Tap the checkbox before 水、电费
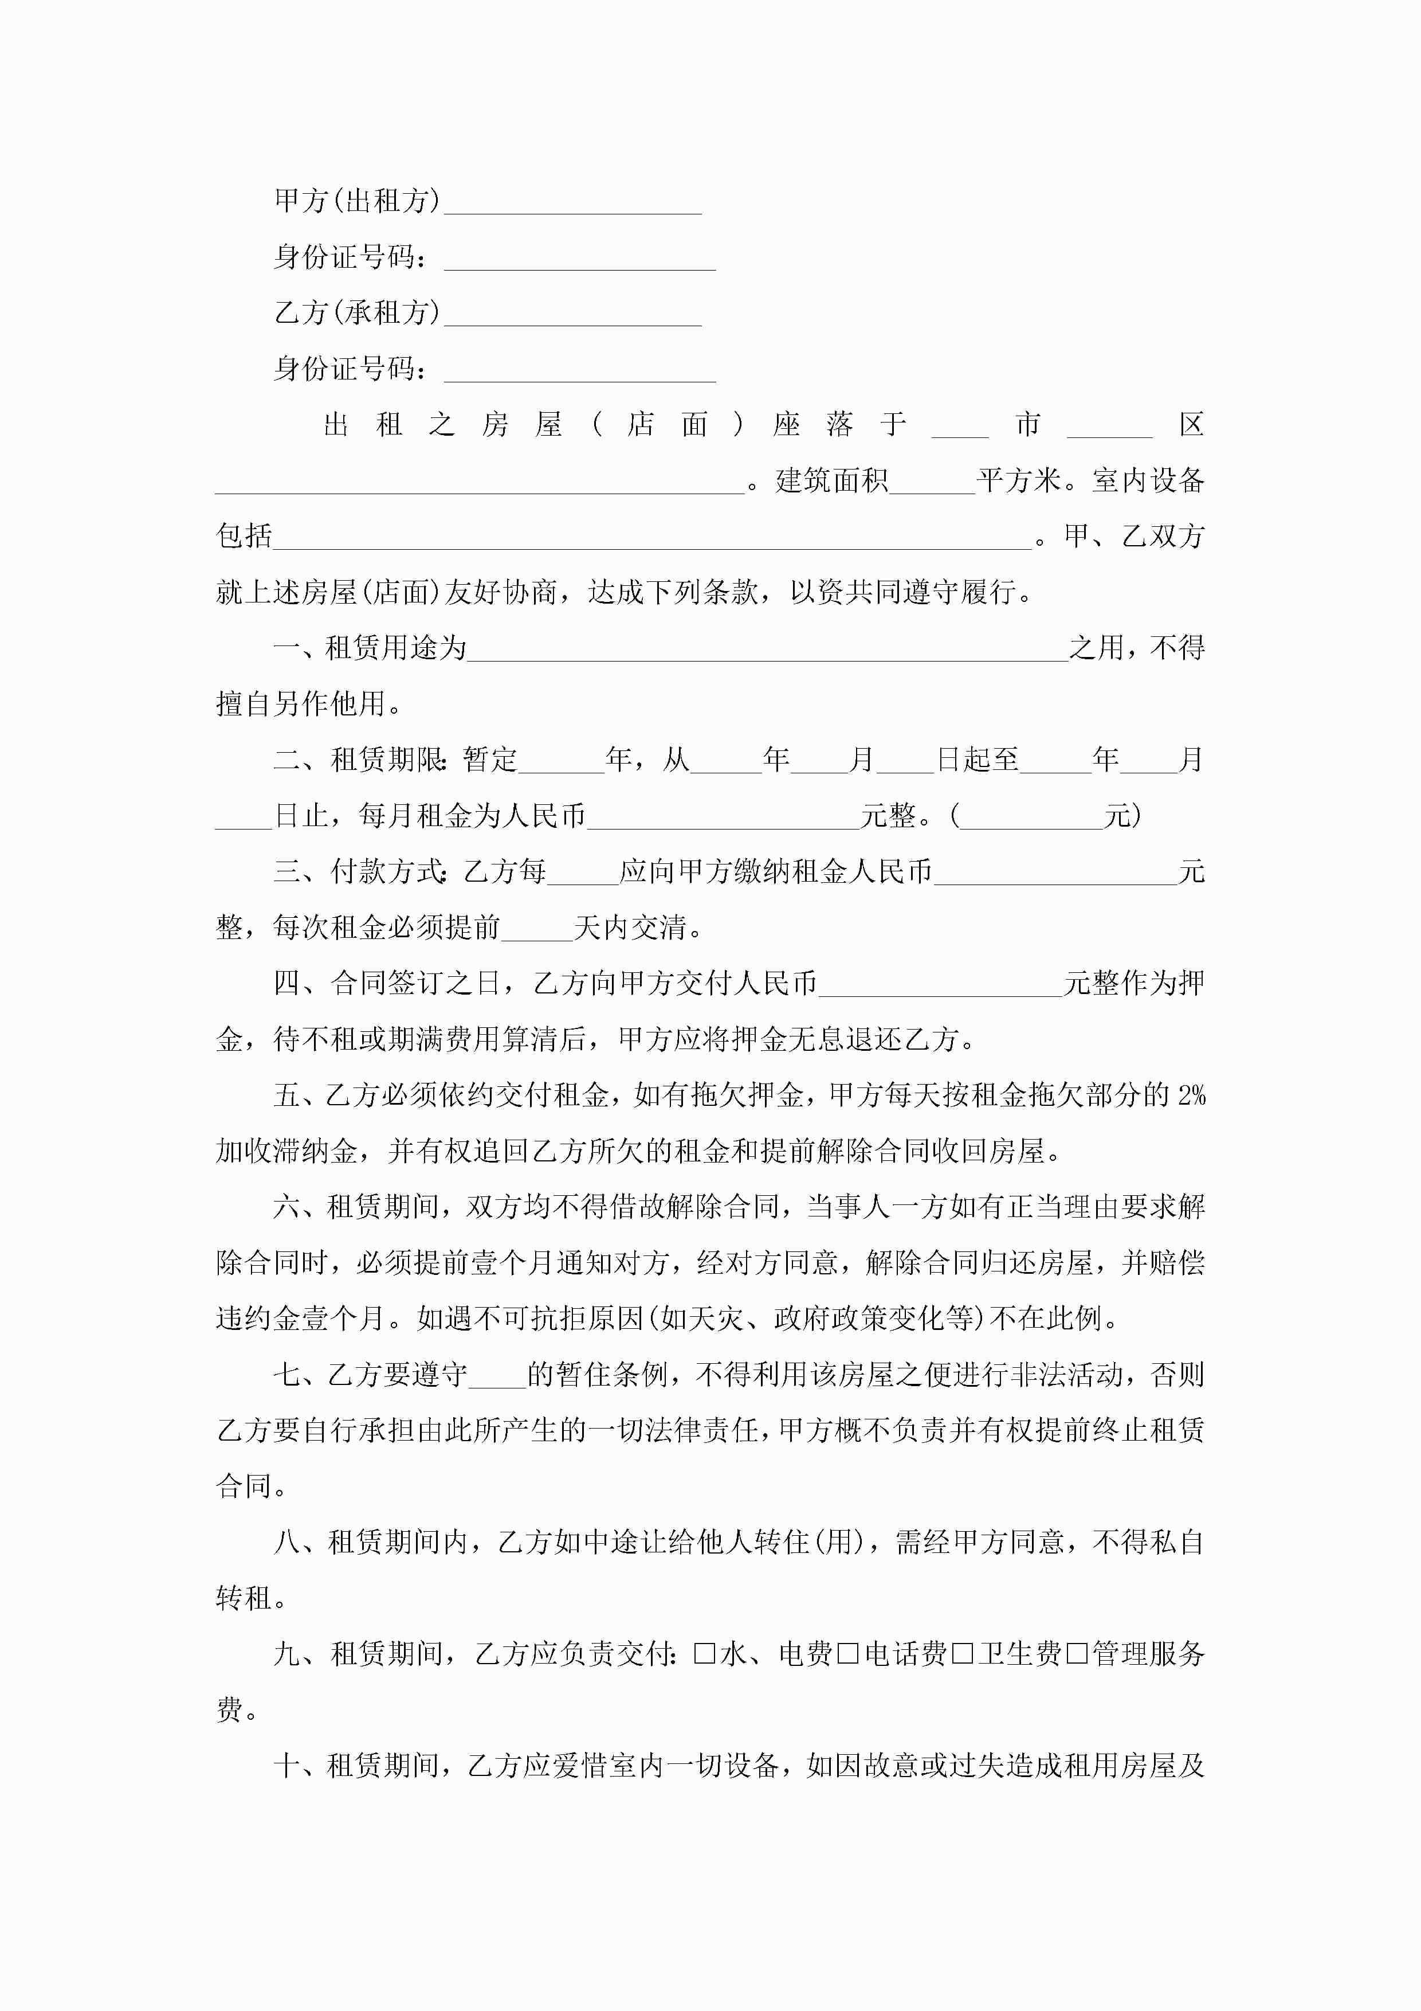704,1653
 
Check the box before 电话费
847,1653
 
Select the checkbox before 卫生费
962,1653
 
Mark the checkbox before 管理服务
1077,1653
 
